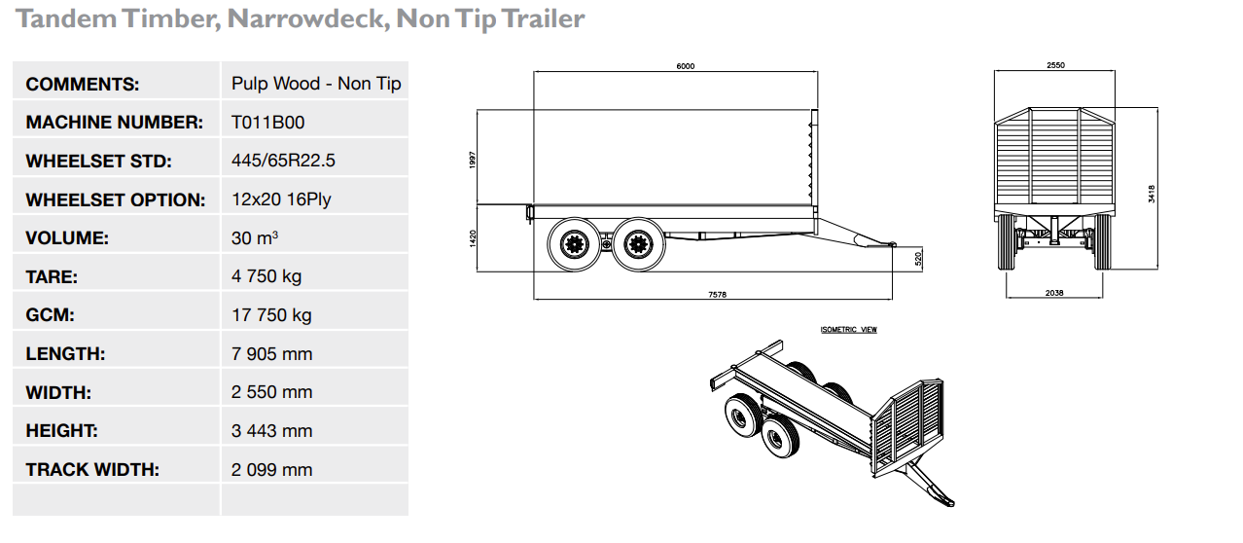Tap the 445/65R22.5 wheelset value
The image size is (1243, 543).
(283, 161)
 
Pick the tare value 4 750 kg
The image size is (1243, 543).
(266, 276)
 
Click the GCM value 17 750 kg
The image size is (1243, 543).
(271, 315)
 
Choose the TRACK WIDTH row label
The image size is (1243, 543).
(92, 470)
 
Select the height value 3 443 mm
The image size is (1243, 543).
(272, 431)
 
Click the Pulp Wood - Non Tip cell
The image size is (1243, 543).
(316, 84)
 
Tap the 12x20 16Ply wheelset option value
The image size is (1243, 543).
(282, 199)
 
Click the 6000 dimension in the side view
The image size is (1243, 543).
(686, 66)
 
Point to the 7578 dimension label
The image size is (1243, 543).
(717, 293)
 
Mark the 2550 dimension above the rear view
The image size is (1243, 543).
(1055, 65)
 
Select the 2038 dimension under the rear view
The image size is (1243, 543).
(1054, 292)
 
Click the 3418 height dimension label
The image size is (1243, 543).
(1153, 194)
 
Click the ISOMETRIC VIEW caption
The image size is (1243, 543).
(848, 330)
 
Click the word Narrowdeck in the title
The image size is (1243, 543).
(306, 19)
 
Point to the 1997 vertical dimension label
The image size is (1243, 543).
(472, 158)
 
